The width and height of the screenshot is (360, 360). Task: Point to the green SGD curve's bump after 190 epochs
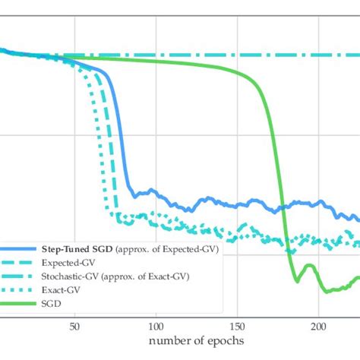click(308, 265)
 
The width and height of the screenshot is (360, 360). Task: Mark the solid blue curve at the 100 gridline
click(156, 193)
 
